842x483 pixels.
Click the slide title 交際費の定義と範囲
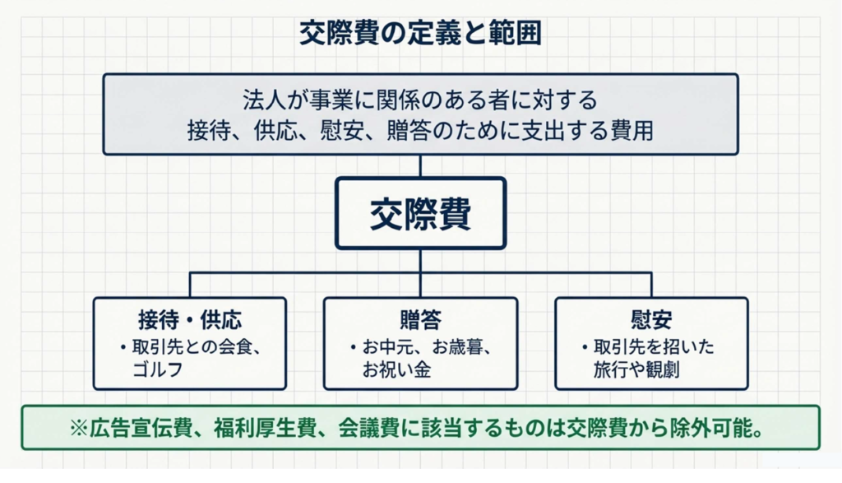point(420,34)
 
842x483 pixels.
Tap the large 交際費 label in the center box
point(420,214)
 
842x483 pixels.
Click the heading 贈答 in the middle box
point(420,318)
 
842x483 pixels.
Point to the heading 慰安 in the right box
point(651,318)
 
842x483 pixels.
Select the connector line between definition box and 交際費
point(420,165)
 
